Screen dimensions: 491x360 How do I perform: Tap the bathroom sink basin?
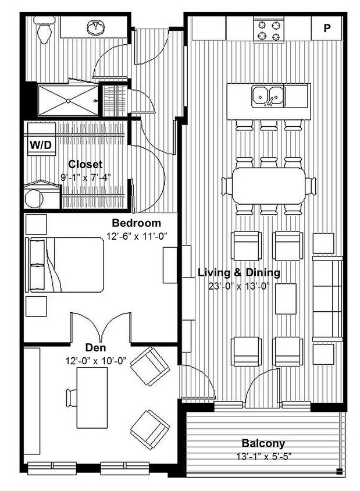click(95, 27)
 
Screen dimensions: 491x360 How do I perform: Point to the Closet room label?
click(85, 164)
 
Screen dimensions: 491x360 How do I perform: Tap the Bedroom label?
click(136, 223)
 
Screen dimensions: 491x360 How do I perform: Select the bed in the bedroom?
click(65, 265)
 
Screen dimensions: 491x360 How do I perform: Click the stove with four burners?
click(269, 30)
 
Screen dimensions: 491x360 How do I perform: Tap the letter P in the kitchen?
click(327, 27)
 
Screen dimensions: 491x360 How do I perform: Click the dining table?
click(268, 186)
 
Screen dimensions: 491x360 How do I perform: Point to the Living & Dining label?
click(239, 272)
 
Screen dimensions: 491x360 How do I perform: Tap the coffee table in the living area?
click(286, 298)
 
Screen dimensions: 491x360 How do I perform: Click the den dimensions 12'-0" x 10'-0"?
click(97, 361)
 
